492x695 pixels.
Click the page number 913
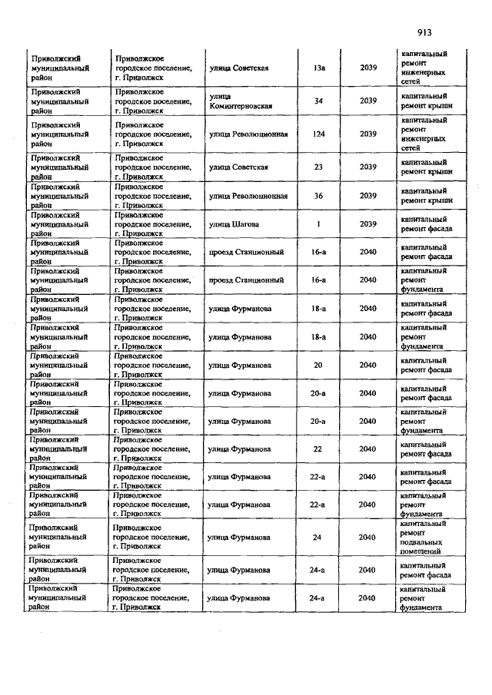coord(426,32)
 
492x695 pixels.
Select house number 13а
coord(319,68)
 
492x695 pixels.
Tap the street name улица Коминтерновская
coord(241,101)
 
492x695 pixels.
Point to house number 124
coord(318,134)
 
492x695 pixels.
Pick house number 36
coord(318,195)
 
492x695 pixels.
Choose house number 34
coord(318,101)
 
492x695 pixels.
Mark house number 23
coord(318,167)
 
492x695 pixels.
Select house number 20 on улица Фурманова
coord(317,365)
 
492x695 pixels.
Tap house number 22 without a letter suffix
coord(317,448)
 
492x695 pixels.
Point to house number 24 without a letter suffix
coord(317,537)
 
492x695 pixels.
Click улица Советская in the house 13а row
coord(238,68)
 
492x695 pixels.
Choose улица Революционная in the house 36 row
coord(248,195)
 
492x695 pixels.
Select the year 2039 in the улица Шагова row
coord(367,223)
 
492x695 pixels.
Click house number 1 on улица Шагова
coord(318,223)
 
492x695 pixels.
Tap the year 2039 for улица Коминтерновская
coord(367,101)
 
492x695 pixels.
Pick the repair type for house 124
coord(424,134)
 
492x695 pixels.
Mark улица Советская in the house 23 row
coord(238,167)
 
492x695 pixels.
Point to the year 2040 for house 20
coord(367,365)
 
